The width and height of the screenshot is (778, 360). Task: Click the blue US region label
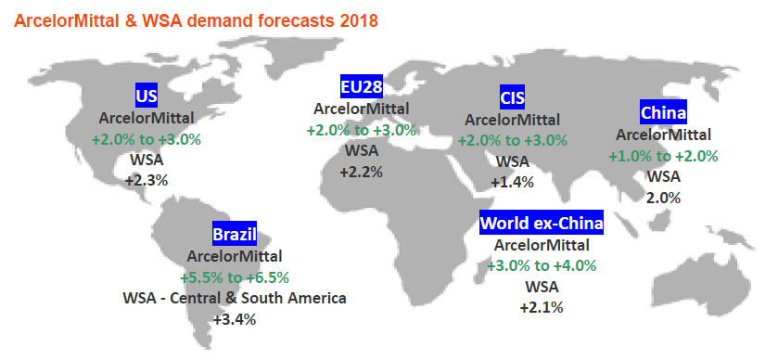(147, 96)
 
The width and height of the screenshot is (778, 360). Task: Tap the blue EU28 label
(362, 87)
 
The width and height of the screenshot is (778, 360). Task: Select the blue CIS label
(512, 97)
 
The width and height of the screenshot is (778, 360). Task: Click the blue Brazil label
(235, 235)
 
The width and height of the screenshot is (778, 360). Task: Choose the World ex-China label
(542, 223)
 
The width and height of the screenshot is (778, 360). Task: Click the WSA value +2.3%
(147, 181)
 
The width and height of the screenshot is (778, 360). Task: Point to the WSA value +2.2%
(362, 173)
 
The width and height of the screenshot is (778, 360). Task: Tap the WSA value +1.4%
(512, 183)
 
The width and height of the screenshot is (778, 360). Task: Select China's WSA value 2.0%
(663, 199)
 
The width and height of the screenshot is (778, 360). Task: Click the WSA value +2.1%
(542, 308)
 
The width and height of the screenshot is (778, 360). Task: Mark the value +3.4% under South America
(235, 319)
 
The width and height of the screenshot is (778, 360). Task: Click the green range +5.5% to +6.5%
(235, 277)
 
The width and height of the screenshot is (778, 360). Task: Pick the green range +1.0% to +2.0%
(663, 156)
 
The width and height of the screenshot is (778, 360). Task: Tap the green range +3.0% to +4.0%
(542, 265)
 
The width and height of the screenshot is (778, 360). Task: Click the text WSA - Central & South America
(235, 298)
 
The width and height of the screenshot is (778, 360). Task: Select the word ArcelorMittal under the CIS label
(512, 120)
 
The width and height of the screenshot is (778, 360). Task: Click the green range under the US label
(147, 139)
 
